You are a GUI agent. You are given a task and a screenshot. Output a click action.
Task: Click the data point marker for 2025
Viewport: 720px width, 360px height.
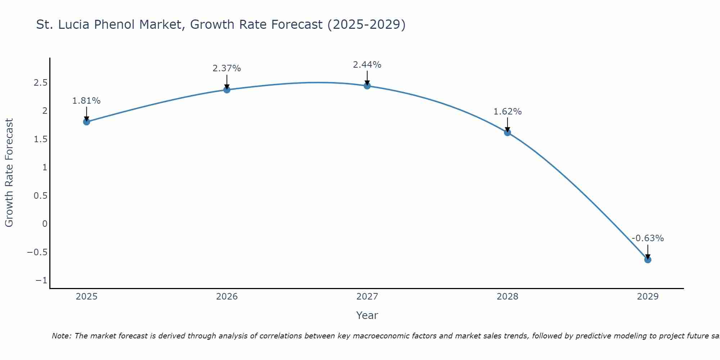(86, 122)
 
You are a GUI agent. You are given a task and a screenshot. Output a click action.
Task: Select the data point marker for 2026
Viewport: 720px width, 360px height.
(227, 90)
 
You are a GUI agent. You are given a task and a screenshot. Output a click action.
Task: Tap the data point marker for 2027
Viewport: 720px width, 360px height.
(367, 86)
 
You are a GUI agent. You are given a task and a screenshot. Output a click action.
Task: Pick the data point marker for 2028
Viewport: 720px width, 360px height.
(507, 132)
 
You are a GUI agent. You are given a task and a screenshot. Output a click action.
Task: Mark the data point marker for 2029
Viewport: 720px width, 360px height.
(648, 260)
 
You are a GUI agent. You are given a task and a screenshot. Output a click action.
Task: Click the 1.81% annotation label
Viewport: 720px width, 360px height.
(86, 101)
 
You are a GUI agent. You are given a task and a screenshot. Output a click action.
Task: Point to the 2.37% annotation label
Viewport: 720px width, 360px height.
(227, 68)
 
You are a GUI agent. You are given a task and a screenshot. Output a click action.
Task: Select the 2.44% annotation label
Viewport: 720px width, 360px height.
(367, 65)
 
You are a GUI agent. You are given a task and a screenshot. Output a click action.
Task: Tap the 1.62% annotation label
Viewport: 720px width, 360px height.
(507, 112)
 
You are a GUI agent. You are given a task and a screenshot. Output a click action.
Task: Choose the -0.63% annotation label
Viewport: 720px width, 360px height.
(648, 238)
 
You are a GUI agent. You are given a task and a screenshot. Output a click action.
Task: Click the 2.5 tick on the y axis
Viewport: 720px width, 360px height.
(41, 83)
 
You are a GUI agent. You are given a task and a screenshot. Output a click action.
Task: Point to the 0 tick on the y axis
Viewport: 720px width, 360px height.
(45, 224)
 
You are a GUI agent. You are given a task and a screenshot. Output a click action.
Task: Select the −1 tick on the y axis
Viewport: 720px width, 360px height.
(41, 280)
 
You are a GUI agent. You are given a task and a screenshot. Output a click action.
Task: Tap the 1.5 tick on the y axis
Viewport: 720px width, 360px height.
(41, 139)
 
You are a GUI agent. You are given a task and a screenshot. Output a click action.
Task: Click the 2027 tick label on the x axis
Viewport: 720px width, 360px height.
(367, 297)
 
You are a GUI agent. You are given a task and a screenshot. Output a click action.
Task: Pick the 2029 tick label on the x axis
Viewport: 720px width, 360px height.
(648, 297)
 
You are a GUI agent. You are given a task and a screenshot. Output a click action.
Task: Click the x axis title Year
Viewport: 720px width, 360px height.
(367, 315)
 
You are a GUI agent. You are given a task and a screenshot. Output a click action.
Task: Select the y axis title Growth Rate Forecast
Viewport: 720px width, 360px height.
(9, 173)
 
